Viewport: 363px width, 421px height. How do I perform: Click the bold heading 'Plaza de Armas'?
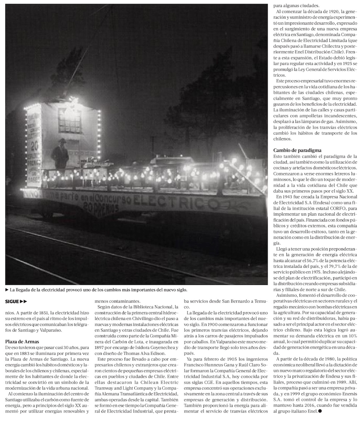(x=22, y=341)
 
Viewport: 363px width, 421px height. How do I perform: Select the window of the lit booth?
(x=69, y=120)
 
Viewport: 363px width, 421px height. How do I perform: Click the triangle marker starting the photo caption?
(x=7, y=290)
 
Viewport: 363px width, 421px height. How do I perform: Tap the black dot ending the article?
(x=319, y=411)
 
